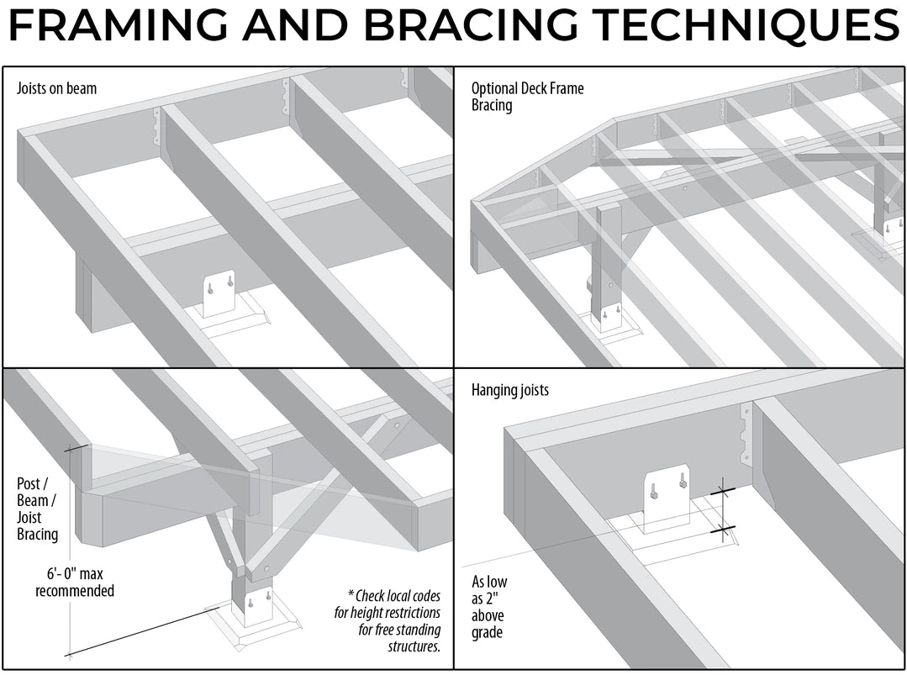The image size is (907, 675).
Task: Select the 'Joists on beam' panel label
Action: click(x=56, y=88)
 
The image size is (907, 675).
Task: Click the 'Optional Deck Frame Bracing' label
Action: click(x=527, y=97)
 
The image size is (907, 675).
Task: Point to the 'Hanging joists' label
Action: click(x=511, y=390)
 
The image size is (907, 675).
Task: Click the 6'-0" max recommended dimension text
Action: click(x=75, y=583)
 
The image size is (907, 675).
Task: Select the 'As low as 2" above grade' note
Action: click(x=489, y=607)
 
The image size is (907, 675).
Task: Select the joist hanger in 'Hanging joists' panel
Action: click(x=745, y=433)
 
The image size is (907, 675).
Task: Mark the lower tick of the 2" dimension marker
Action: click(x=722, y=530)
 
